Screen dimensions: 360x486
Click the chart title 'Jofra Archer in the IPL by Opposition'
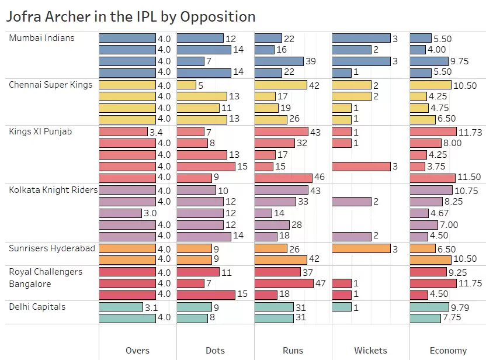click(130, 16)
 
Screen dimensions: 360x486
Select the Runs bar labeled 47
click(284, 283)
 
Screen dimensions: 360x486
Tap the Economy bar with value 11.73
click(433, 132)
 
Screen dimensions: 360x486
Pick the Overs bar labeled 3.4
click(123, 132)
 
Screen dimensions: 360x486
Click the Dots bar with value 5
click(186, 85)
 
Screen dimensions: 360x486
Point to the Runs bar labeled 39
click(279, 61)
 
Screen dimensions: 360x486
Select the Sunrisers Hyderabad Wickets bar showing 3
click(361, 248)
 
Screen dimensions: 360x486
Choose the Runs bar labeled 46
click(283, 178)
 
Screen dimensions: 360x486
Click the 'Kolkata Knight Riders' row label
click(53, 190)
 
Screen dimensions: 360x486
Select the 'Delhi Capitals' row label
click(37, 307)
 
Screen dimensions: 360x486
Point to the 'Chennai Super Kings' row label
click(51, 85)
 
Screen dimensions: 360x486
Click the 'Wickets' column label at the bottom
click(370, 351)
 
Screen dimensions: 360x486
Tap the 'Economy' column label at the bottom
click(448, 351)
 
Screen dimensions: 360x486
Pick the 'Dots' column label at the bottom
click(215, 351)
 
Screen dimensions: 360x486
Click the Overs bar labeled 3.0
click(120, 213)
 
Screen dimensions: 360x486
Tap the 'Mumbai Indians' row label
click(42, 38)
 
